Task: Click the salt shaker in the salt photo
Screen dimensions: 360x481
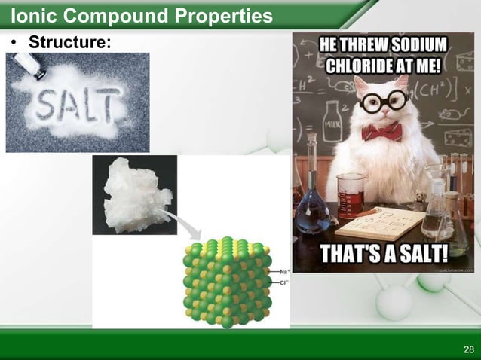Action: (30, 66)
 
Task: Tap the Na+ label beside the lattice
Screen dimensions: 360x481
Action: (284, 271)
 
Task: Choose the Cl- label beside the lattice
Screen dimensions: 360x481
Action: (284, 282)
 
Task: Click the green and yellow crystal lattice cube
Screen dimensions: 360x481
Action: (226, 282)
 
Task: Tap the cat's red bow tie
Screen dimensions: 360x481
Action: (381, 132)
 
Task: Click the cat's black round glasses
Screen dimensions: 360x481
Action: (382, 101)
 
